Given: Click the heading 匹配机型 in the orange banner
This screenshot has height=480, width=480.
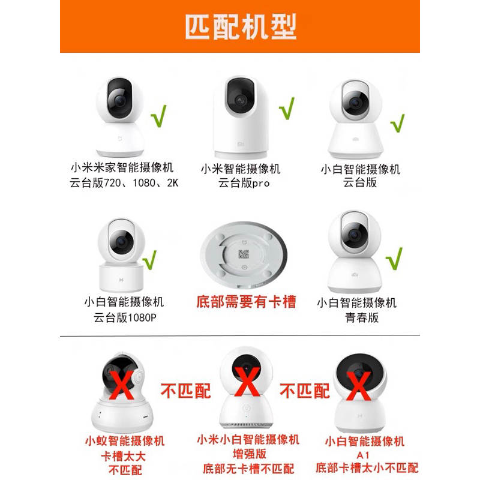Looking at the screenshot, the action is (241, 26).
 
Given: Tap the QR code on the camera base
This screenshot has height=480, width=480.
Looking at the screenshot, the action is (244, 254).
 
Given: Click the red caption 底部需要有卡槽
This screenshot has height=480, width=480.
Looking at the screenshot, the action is (246, 302).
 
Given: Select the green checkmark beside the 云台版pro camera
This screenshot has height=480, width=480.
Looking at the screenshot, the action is (287, 108).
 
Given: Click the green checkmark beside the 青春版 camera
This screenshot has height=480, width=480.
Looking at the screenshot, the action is (394, 259).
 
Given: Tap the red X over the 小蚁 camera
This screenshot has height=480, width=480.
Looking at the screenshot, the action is (122, 385).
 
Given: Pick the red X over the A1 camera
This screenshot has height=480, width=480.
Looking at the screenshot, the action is (359, 386).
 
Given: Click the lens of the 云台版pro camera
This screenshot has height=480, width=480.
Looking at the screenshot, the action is (241, 100).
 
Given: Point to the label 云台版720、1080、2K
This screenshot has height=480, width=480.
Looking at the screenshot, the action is (124, 183).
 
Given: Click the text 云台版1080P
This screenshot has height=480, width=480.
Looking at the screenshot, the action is (125, 318).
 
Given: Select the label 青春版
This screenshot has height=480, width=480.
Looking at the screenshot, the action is (362, 317).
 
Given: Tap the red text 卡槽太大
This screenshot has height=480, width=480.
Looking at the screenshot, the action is (123, 456).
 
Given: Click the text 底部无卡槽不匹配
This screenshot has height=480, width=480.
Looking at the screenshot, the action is (248, 469).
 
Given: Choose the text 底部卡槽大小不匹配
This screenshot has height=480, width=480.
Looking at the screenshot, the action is (367, 468).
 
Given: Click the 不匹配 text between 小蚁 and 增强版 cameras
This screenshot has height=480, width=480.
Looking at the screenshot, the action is (186, 391).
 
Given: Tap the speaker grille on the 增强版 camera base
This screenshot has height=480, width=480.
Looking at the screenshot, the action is (247, 425).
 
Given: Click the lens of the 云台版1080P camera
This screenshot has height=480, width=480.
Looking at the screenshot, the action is (121, 242).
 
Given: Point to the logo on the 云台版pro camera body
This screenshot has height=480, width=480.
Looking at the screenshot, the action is (241, 144).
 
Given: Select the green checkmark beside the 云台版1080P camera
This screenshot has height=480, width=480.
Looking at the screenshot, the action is (149, 260).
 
